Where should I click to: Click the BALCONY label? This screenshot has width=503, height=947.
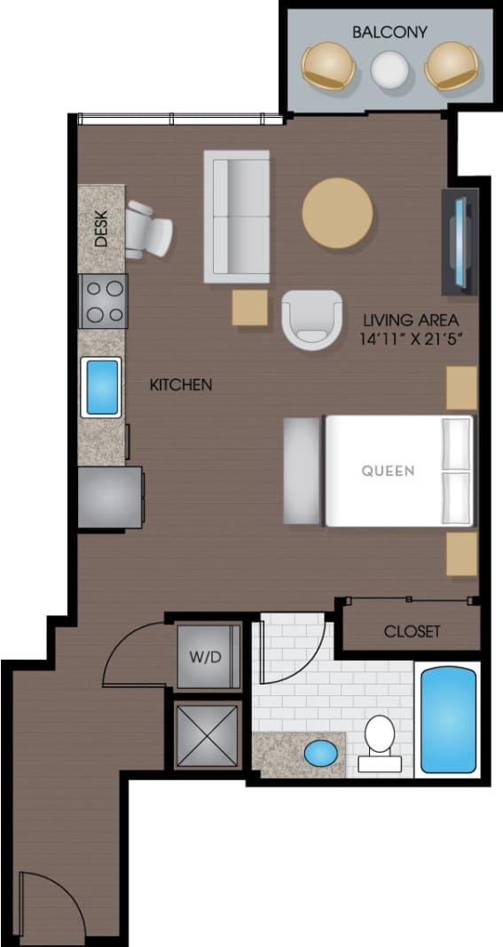pyautogui.click(x=389, y=33)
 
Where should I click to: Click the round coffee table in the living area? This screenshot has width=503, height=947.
pyautogui.click(x=337, y=214)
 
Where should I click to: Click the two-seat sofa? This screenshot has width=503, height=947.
pyautogui.click(x=236, y=216)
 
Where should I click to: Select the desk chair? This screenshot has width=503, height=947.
pyautogui.click(x=149, y=230)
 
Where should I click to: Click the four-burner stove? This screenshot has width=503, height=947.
pyautogui.click(x=103, y=301)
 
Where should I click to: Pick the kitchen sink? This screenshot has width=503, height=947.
pyautogui.click(x=101, y=387)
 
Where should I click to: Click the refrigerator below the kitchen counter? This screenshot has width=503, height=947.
pyautogui.click(x=109, y=497)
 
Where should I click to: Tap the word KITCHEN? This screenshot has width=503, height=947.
pyautogui.click(x=180, y=385)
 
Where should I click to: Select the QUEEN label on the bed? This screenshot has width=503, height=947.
pyautogui.click(x=388, y=471)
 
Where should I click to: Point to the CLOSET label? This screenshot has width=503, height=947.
pyautogui.click(x=412, y=631)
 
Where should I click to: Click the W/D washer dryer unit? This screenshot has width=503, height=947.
pyautogui.click(x=208, y=657)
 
